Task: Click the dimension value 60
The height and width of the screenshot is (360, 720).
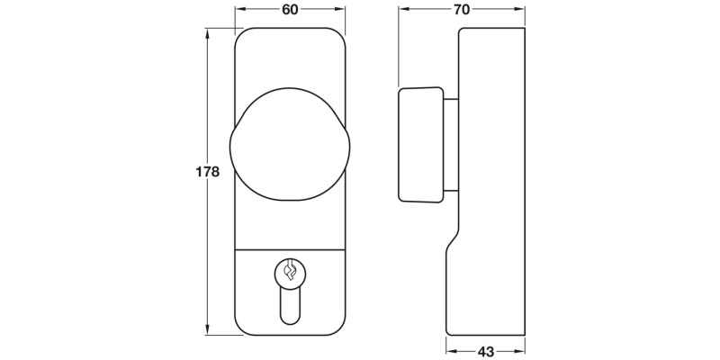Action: click(x=290, y=10)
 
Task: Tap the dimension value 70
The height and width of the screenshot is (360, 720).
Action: click(x=462, y=10)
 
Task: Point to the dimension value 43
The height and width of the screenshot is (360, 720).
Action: click(x=486, y=351)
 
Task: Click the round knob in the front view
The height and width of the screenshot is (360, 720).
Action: click(x=289, y=143)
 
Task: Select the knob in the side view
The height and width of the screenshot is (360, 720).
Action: click(x=420, y=144)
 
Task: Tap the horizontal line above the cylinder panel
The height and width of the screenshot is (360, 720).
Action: click(x=290, y=246)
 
